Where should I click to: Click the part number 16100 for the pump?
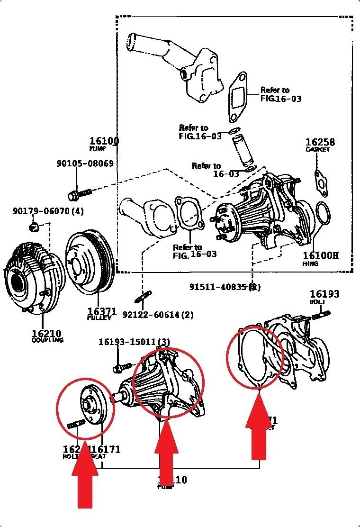click(x=104, y=141)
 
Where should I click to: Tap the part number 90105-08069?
click(x=85, y=164)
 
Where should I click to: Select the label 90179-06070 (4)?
click(x=48, y=211)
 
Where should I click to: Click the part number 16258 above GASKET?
click(x=320, y=142)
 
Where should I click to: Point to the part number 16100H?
click(x=321, y=256)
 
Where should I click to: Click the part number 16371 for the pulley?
click(x=102, y=311)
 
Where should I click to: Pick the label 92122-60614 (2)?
click(x=158, y=315)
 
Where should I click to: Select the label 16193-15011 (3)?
click(x=134, y=342)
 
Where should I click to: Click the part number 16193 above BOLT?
click(x=324, y=294)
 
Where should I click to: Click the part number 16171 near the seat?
click(x=106, y=449)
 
